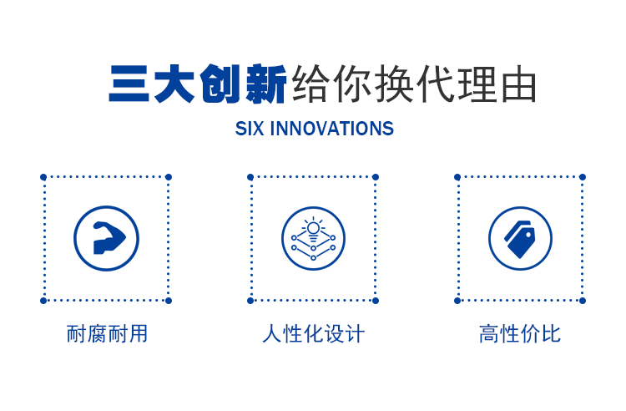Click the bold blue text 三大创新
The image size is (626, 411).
click(198, 84)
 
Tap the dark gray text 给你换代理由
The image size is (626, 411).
click(414, 84)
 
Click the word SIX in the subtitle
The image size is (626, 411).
click(250, 129)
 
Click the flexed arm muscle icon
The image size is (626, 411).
click(109, 238)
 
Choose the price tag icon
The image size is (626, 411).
click(520, 239)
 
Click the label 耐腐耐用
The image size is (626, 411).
click(107, 333)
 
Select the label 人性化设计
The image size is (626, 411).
click(313, 333)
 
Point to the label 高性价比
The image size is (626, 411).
click(520, 333)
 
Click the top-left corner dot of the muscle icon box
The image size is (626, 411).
click(43, 177)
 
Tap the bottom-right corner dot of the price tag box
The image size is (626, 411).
click(583, 301)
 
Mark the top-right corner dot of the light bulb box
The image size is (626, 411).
click(376, 177)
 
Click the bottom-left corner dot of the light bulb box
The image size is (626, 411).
click(250, 301)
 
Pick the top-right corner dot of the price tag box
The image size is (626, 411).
click(583, 177)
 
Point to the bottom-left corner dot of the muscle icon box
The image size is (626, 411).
click(43, 301)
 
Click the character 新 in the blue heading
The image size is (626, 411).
click(266, 84)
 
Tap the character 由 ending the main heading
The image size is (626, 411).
click(518, 84)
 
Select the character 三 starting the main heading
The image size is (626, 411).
click(129, 84)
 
